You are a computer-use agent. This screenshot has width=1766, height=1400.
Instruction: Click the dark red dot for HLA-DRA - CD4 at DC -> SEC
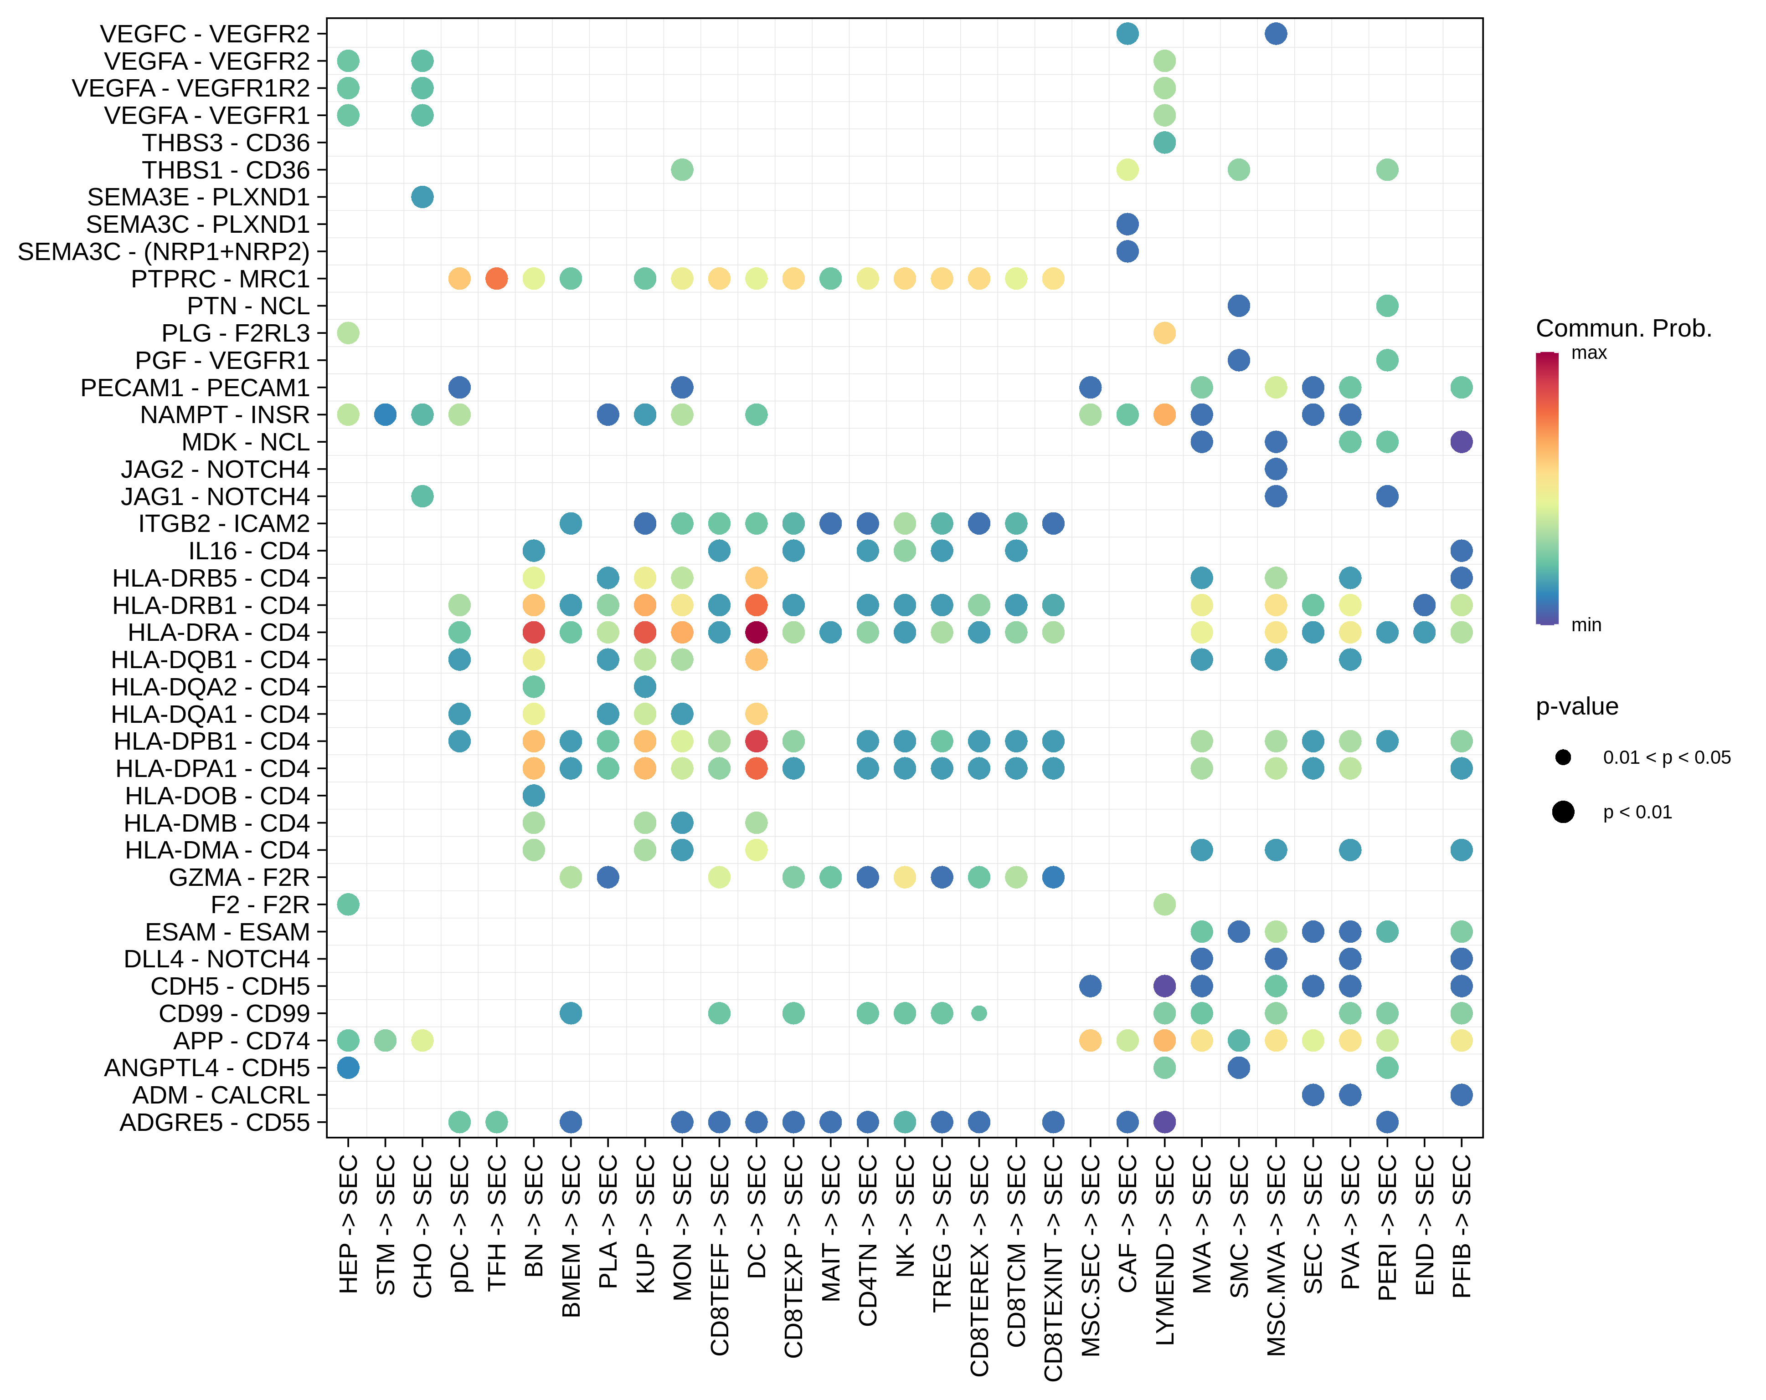[756, 632]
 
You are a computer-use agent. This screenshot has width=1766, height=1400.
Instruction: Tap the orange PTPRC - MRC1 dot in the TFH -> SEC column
[496, 278]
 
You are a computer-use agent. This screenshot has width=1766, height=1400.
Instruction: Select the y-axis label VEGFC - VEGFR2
[205, 34]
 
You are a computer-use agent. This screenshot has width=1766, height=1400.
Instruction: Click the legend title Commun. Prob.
[1623, 328]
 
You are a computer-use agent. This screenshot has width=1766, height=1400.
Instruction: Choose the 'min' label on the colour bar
[1586, 625]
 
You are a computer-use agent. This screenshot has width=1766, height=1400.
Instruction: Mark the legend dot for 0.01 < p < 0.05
[1563, 757]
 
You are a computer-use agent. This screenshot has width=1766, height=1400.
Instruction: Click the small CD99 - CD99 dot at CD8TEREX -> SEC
[979, 1013]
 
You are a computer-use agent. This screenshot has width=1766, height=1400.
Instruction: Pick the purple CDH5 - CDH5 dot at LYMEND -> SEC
[1164, 986]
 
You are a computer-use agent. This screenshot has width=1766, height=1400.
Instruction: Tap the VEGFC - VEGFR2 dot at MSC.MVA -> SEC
[1275, 34]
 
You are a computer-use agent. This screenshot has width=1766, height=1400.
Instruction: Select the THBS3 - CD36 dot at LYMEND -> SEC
[1164, 143]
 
